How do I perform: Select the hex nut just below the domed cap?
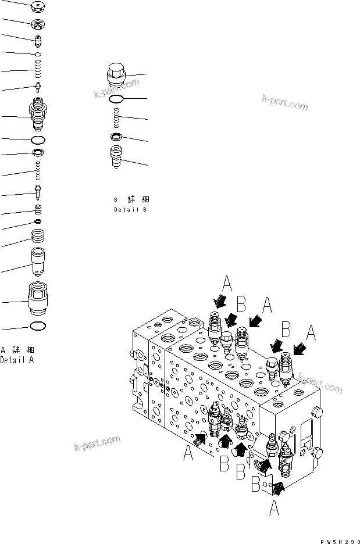click(x=38, y=25)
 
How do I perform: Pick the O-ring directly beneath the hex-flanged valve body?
click(x=38, y=140)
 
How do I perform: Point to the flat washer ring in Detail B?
click(x=116, y=137)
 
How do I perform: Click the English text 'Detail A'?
click(x=17, y=360)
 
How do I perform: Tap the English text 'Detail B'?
click(x=130, y=209)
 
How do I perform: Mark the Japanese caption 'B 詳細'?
click(x=130, y=199)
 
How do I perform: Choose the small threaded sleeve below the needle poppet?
click(x=38, y=210)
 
